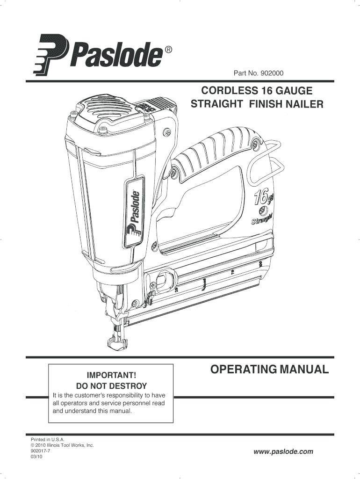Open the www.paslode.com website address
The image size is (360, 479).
283,452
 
